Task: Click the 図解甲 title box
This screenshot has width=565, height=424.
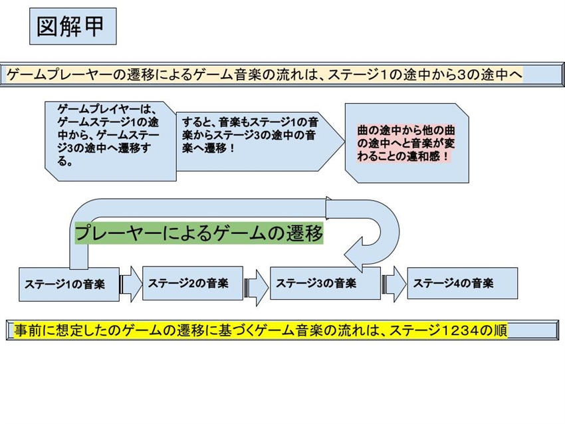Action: coord(73,27)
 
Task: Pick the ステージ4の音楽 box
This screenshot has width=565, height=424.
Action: coord(462,283)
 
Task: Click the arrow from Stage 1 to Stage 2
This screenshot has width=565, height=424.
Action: coord(131,284)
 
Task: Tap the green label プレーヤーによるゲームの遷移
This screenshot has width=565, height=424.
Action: coord(199,233)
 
